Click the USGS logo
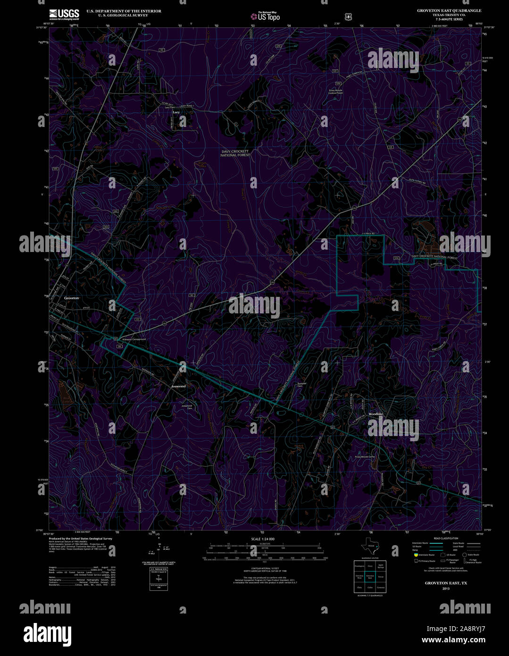point(64,14)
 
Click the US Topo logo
point(265,16)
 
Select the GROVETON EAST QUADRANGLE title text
point(442,10)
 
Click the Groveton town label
point(72,298)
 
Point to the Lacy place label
point(176,112)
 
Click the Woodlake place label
point(376,414)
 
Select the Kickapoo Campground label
point(134,339)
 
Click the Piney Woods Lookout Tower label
point(336,92)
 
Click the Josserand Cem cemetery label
point(187,407)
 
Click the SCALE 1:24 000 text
point(263,539)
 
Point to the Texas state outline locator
point(369,546)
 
